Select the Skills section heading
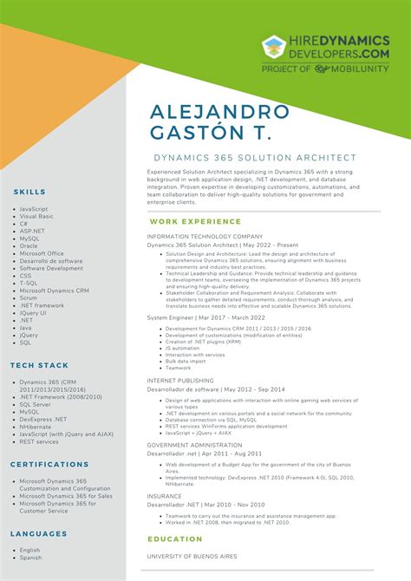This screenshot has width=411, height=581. click(x=29, y=191)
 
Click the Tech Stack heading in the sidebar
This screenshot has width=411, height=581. click(x=40, y=365)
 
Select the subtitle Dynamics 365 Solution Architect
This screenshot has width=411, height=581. click(x=255, y=158)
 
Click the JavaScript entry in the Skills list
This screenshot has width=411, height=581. click(x=34, y=209)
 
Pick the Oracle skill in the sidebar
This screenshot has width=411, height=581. click(x=29, y=245)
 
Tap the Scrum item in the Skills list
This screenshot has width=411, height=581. click(x=29, y=297)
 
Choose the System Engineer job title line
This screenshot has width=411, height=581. click(x=207, y=317)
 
